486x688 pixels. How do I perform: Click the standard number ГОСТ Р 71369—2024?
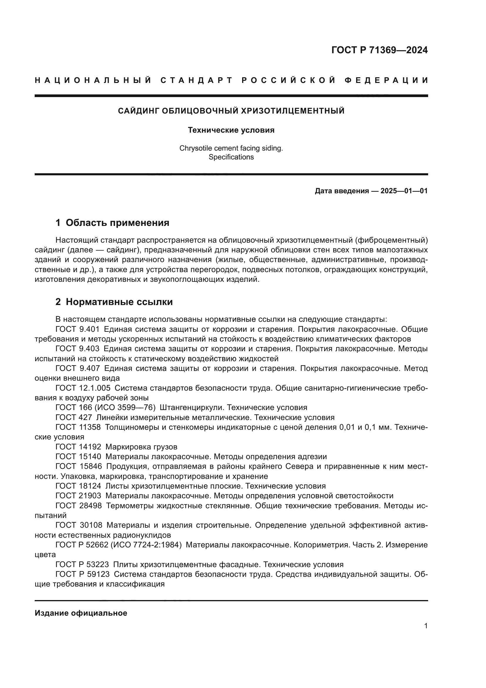click(379, 50)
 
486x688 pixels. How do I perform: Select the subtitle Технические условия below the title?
click(231, 130)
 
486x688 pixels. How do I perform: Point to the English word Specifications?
click(231, 157)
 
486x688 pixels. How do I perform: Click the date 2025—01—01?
click(404, 191)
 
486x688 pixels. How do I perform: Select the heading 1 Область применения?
click(112, 223)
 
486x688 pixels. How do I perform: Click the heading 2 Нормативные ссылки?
click(114, 302)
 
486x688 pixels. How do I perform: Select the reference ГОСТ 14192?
click(78, 447)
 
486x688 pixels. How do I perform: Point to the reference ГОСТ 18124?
click(78, 486)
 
